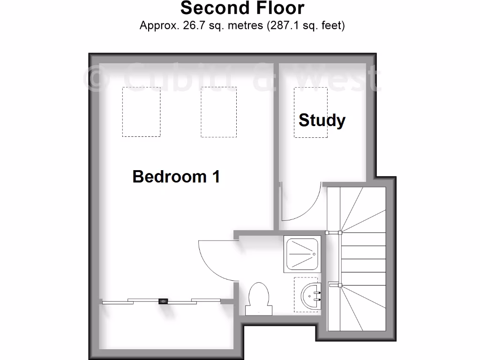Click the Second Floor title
(x=242, y=8)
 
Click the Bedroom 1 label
(x=176, y=177)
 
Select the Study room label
(x=322, y=120)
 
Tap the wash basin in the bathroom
(x=309, y=295)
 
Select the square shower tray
(x=302, y=255)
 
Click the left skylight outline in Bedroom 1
(x=141, y=112)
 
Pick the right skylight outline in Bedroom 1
(x=218, y=112)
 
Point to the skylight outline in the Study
(x=310, y=112)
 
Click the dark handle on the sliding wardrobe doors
(x=164, y=302)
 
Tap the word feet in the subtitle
(x=332, y=25)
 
